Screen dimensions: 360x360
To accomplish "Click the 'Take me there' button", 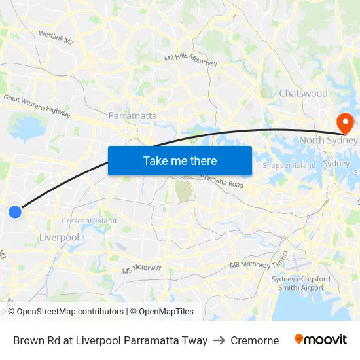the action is pyautogui.click(x=180, y=160).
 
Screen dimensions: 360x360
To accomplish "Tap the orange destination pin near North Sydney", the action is pyautogui.click(x=344, y=122).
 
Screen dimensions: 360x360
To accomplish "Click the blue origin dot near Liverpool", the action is pyautogui.click(x=14, y=211).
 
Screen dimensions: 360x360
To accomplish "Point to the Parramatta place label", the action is pyautogui.click(x=133, y=116).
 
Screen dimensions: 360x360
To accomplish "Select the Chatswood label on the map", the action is pyautogui.click(x=303, y=94).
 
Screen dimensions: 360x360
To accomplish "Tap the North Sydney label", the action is pyautogui.click(x=329, y=140).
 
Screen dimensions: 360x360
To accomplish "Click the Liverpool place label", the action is pyautogui.click(x=59, y=237).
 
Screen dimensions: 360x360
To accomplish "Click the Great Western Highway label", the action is pyautogui.click(x=37, y=107).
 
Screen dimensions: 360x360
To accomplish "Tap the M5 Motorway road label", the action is pyautogui.click(x=141, y=268).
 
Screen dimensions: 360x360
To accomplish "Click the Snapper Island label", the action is pyautogui.click(x=289, y=166).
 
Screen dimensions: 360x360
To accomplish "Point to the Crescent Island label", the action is pyautogui.click(x=89, y=221).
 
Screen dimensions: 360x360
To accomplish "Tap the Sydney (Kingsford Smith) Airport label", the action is pyautogui.click(x=298, y=283).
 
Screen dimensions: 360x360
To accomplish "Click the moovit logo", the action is pyautogui.click(x=321, y=340).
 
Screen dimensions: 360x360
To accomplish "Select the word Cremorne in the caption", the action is pyautogui.click(x=255, y=340).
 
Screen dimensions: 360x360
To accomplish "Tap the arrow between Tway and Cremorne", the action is pyautogui.click(x=219, y=340).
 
